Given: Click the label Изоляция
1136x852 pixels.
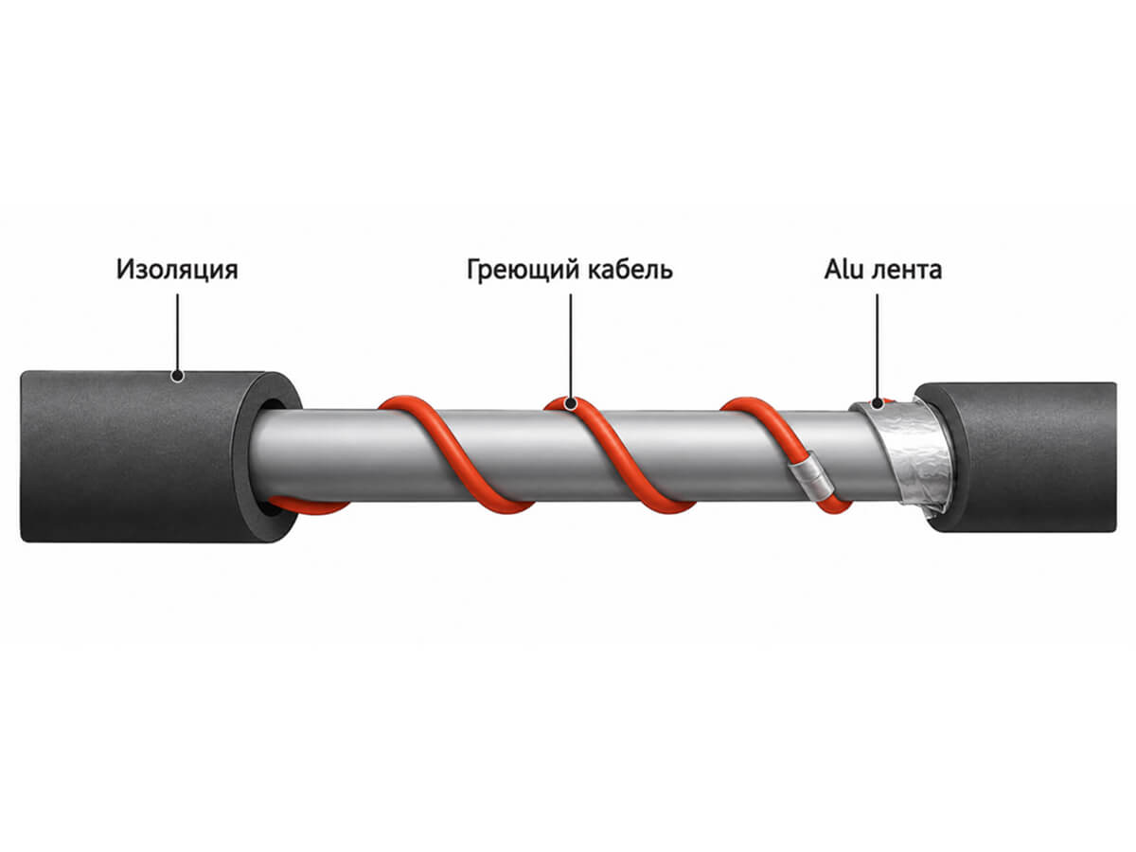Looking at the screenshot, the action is pyautogui.click(x=177, y=270).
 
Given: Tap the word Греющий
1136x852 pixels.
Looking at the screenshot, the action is pyautogui.click(x=524, y=271).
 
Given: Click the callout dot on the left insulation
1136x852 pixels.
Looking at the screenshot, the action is pyautogui.click(x=178, y=376).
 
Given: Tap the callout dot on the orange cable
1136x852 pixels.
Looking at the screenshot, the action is pyautogui.click(x=570, y=403).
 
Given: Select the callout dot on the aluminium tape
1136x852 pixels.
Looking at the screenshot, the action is pyautogui.click(x=877, y=403).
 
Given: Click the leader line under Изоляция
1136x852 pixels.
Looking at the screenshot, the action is pyautogui.click(x=178, y=332).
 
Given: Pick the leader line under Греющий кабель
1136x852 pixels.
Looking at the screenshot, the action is pyautogui.click(x=570, y=346).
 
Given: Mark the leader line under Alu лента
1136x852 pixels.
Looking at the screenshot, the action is pyautogui.click(x=877, y=346).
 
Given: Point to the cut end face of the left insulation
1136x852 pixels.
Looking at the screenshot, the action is pyautogui.click(x=267, y=456).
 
